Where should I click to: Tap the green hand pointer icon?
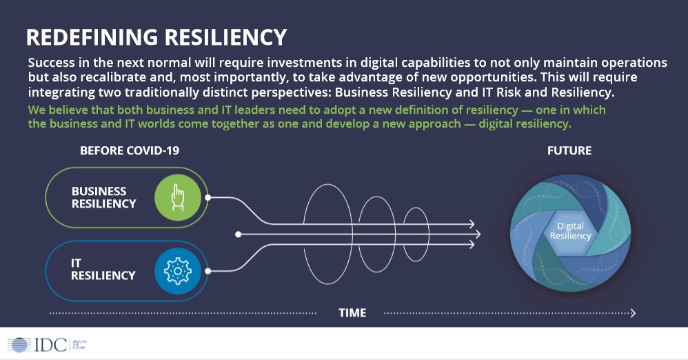coord(177,197)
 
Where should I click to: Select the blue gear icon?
coord(177,271)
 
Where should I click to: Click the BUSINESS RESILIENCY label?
coord(104,197)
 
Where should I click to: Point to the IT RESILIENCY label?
coord(103,270)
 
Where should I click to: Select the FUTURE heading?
coord(569,150)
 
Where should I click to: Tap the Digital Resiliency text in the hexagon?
coord(569,231)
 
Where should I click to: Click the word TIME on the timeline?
coord(352,313)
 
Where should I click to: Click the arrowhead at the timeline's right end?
coord(632,313)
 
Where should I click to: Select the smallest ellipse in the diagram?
coord(416,234)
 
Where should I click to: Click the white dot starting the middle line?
coord(238,234)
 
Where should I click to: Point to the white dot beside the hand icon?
coord(208,197)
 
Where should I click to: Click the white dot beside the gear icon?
coord(208,271)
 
